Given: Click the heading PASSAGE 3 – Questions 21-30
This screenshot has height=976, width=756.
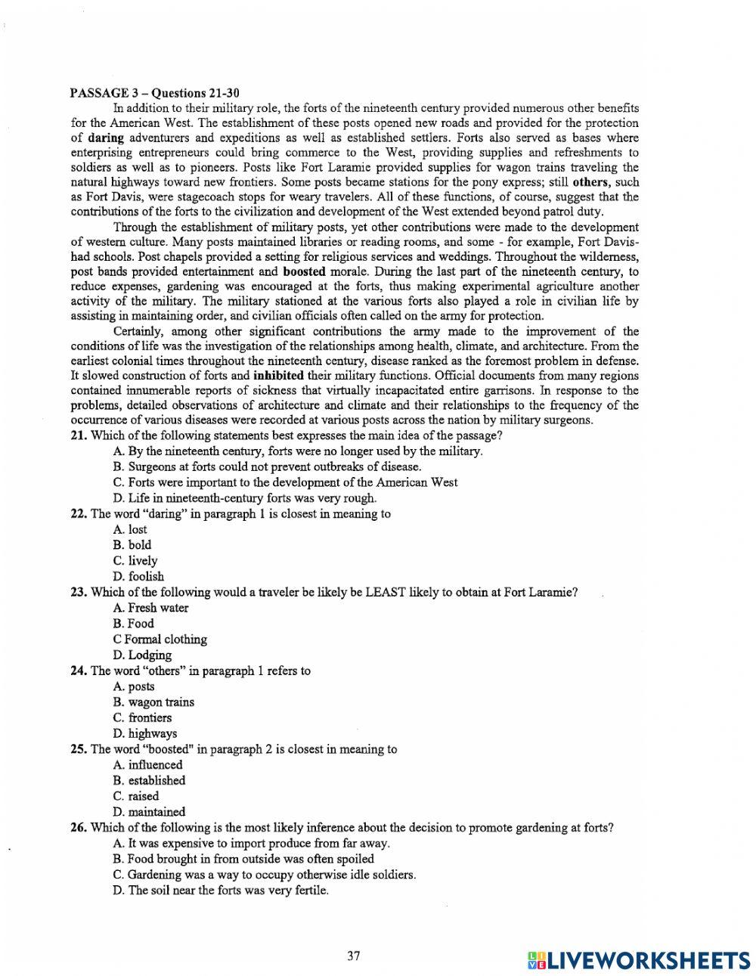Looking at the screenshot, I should [155, 94].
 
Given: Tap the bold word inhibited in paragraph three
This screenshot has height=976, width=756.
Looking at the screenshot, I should [278, 376].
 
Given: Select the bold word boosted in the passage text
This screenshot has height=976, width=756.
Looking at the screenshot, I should [304, 271].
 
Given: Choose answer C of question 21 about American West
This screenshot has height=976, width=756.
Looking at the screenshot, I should [285, 482].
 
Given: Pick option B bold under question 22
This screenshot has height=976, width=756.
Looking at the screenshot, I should [132, 545].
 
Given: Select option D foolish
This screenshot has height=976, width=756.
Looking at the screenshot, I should [138, 577].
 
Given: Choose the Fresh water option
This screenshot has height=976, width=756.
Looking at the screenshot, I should [150, 608].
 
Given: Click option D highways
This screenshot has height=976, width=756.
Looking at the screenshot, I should [145, 734].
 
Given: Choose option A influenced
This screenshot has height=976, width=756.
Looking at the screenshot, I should [147, 765].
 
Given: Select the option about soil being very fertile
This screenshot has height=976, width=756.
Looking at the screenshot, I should [221, 891].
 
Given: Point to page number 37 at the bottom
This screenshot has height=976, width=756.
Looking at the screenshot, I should [354, 956].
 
